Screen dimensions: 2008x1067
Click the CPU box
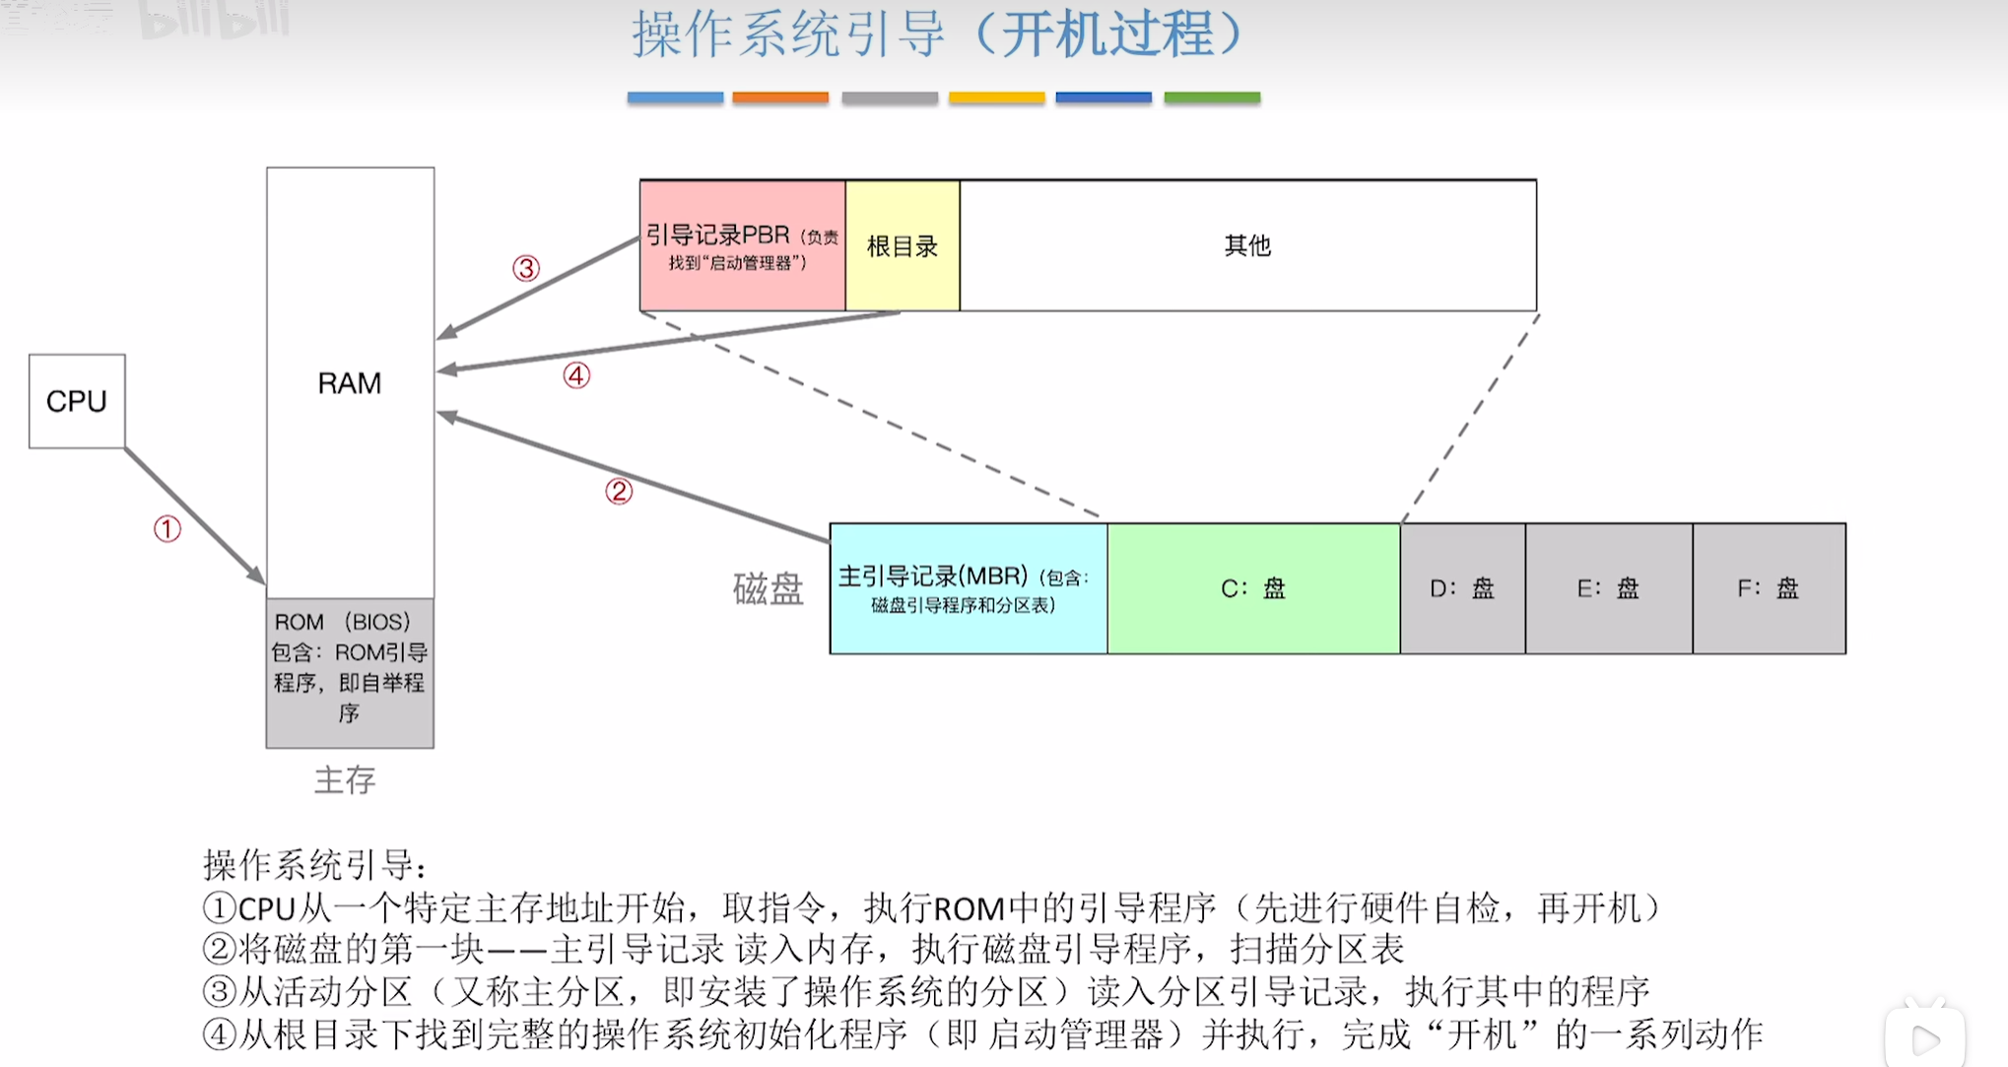coord(77,401)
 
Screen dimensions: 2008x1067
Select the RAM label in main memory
coord(349,383)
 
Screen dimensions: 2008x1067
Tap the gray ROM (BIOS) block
coord(350,672)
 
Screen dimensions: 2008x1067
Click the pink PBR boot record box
coord(742,246)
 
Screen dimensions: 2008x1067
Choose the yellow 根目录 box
coord(902,246)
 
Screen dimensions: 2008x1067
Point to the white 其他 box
coord(1247,246)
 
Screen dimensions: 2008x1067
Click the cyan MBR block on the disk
coord(968,588)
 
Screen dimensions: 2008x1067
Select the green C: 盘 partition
coord(1253,588)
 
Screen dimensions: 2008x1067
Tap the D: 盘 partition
coord(1462,588)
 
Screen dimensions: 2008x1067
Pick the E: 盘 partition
coord(1608,588)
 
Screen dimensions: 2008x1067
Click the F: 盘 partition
coord(1769,588)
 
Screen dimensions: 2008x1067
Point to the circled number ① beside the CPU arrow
coord(167,529)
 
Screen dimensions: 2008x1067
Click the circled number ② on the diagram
coord(619,491)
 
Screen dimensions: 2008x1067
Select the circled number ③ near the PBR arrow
coord(526,268)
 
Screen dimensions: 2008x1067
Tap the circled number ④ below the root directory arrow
coord(576,375)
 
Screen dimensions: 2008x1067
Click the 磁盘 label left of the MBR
coord(768,589)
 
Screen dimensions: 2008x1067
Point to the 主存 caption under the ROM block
coord(345,780)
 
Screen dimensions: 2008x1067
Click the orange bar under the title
coord(780,98)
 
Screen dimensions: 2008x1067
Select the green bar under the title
coord(1212,98)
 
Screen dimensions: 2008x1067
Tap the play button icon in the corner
coord(1925,1038)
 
